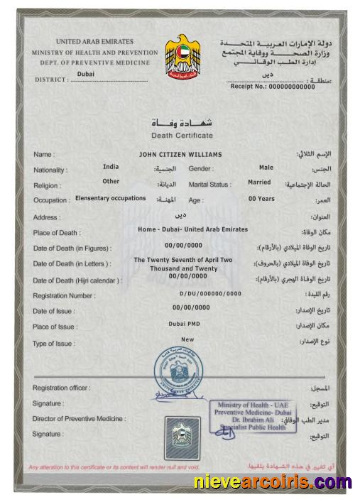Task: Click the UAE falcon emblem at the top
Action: pos(183,55)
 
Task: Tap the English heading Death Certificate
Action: pos(182,136)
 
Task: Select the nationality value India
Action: pos(111,167)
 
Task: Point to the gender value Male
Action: pos(266,168)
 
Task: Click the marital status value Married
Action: pos(259,182)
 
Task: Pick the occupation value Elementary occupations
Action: pos(111,199)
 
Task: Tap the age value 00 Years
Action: pos(261,199)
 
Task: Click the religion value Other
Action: pos(111,181)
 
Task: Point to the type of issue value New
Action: pos(187,339)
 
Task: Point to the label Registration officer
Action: pos(61,388)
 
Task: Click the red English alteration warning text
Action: pos(114,466)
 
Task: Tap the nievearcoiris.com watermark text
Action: pos(273,483)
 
